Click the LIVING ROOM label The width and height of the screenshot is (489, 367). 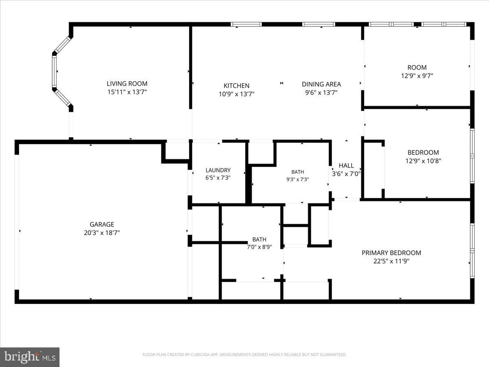coord(127,84)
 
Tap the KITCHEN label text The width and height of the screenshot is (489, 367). coord(236,86)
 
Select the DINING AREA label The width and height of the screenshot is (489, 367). coord(321,84)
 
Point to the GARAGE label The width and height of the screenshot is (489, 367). coord(102,224)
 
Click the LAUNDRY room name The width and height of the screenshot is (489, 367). coord(218,170)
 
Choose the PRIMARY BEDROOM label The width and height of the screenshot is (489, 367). coord(391,253)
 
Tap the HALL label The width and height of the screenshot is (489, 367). coord(346,165)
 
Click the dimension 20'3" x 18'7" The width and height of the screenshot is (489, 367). coord(102,232)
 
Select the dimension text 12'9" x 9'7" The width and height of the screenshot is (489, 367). coord(417,76)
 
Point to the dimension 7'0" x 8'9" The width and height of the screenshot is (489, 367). coord(259,247)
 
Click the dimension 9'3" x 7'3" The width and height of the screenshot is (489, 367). coord(297,179)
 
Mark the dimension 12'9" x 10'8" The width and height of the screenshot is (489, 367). coord(423,161)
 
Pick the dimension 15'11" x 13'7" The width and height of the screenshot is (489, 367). coord(127,92)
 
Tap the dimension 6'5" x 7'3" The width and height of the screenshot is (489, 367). coord(218,178)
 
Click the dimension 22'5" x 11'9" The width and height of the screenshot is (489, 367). coord(391,261)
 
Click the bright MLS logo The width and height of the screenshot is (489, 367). coord(30,357)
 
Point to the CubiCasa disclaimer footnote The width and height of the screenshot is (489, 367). coord(244,354)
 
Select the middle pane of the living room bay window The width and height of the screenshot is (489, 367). coord(54,71)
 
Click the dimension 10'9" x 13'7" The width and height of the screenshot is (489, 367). coord(236,94)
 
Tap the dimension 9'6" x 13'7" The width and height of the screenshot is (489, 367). coord(321,93)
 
